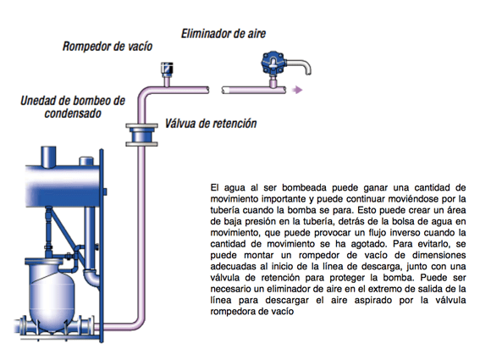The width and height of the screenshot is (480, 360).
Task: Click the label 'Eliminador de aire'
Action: [223, 34]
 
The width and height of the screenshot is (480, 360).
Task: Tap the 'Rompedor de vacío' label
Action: [108, 47]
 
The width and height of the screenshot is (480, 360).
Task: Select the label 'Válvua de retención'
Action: [211, 124]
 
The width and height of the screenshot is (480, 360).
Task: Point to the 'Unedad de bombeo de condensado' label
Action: [73, 107]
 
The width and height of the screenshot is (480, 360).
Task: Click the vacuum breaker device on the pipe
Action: [167, 69]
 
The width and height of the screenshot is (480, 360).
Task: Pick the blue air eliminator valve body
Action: [273, 64]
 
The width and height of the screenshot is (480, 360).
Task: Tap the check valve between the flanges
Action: [141, 135]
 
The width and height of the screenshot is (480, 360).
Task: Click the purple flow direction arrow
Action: [297, 90]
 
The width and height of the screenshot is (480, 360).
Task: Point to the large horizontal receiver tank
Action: [63, 186]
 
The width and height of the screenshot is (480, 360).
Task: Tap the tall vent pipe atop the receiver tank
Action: [48, 157]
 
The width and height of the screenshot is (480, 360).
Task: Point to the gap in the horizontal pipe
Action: [216, 90]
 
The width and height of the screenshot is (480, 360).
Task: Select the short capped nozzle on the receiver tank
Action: [86, 161]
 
